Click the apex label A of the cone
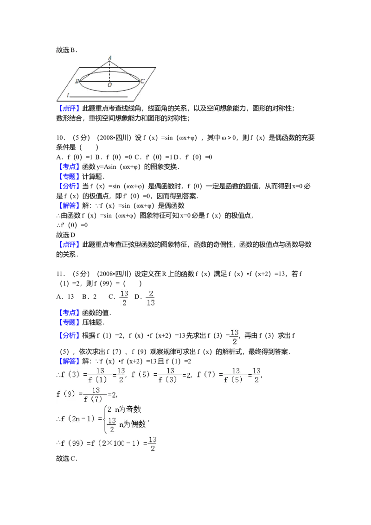110,57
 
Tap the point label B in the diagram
77,82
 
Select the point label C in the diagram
142,82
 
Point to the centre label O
109,85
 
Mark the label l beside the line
68,95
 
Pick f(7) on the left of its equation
207,375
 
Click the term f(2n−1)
78,419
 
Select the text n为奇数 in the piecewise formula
128,410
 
